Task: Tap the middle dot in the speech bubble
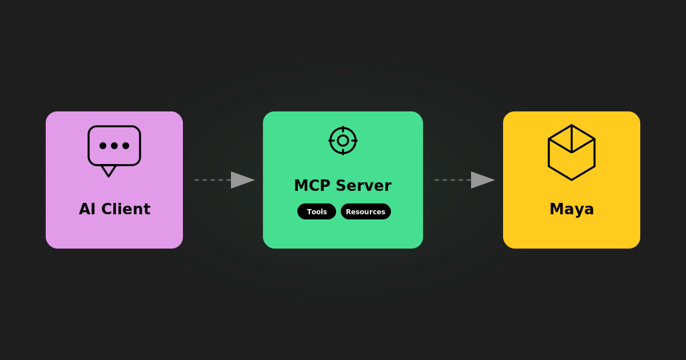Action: click(x=114, y=146)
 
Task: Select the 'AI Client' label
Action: click(x=114, y=209)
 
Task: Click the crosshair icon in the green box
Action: click(x=343, y=141)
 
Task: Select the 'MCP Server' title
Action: click(x=342, y=186)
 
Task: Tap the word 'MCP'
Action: click(x=312, y=186)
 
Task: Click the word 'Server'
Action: click(x=364, y=186)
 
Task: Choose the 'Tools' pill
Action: click(x=317, y=211)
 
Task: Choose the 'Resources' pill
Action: click(x=366, y=211)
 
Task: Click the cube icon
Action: click(x=572, y=153)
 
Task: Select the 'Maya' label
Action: click(x=572, y=209)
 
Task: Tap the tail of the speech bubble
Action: click(x=109, y=171)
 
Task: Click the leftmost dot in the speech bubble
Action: click(x=103, y=146)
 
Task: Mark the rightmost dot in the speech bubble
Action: click(x=126, y=146)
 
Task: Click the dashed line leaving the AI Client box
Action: click(x=212, y=180)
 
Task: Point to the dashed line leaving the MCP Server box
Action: click(x=452, y=180)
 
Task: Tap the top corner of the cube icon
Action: click(x=572, y=126)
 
